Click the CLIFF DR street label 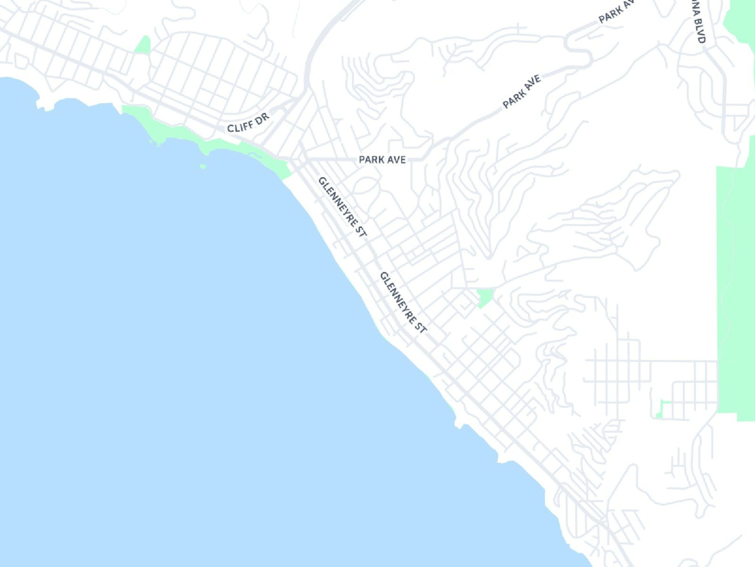(248, 123)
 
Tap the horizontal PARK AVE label (382, 160)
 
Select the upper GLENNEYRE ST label (342, 207)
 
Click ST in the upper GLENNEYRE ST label (361, 231)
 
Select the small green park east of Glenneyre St (485, 297)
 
